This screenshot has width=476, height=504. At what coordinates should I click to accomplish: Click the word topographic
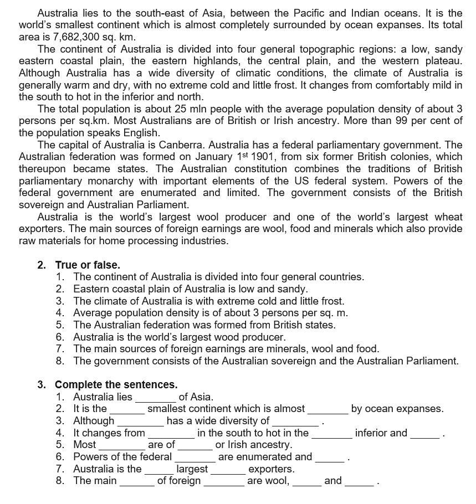point(283,49)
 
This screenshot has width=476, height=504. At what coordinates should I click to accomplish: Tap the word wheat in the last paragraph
point(448,217)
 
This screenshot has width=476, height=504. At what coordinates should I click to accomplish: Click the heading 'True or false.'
point(88,265)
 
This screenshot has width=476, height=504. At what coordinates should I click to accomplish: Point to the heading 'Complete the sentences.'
point(116,384)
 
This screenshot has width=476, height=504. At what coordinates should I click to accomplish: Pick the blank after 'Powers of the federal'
point(195,457)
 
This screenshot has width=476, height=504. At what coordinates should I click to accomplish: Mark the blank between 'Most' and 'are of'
point(121,445)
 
